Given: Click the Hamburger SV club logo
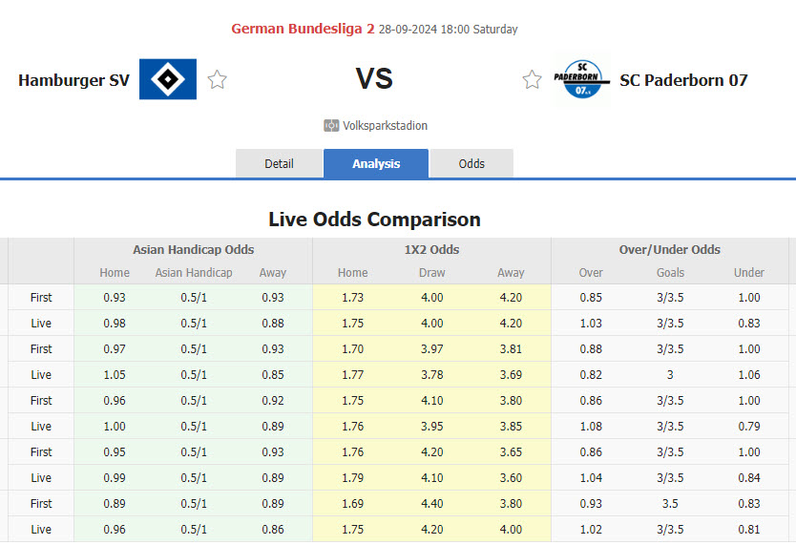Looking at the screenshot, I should pos(168,79).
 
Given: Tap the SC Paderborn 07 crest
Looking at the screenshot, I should pos(581,80).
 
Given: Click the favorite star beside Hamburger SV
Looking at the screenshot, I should pos(218,80).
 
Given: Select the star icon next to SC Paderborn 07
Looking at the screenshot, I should pos(532,80).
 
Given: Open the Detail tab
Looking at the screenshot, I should pos(279,163).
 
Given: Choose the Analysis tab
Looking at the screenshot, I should pos(376,163).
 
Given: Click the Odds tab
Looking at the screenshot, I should pos(471,163).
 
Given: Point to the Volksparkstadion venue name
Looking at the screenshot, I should pos(385,126).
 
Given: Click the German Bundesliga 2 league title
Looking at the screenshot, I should pos(303,29).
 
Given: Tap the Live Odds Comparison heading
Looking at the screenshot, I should pos(374,220).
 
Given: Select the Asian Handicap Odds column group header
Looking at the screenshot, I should pos(193,250).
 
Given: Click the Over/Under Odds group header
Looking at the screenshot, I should pos(669,250).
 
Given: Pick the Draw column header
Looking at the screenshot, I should pos(431,273).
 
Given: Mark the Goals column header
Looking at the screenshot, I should pos(670,273).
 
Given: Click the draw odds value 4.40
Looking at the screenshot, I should pos(431,503).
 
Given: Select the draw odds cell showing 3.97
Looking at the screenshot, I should pos(431,348).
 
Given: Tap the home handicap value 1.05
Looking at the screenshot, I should pos(115,374).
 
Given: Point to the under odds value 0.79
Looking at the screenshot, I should pos(749,426).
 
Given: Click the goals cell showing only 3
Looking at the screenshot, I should pos(670,374).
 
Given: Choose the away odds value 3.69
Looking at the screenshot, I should pos(511,374).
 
